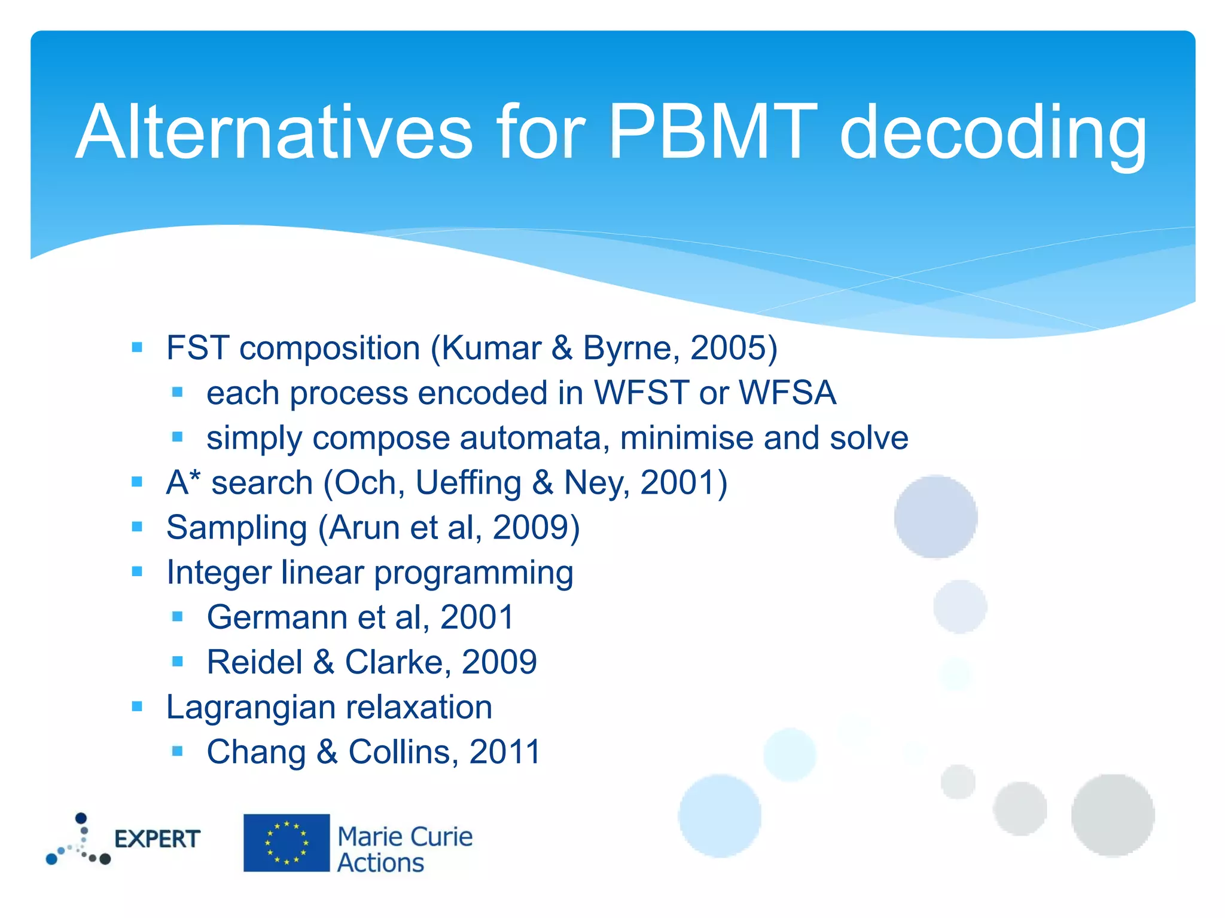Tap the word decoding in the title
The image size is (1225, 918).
coord(993,134)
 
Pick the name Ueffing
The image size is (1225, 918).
coord(468,483)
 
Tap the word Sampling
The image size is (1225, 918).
coord(236,528)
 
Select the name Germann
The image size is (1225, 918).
coord(276,617)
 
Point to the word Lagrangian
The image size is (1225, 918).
coord(251,708)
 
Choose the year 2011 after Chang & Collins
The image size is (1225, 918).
coord(505,752)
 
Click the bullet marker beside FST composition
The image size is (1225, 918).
coord(137,347)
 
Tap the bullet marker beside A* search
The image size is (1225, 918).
coord(137,482)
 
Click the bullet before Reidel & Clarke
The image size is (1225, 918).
coord(177,661)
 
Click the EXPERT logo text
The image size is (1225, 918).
coord(157,839)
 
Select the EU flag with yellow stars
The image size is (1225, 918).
coord(287,843)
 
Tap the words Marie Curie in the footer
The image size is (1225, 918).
coord(405,837)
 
